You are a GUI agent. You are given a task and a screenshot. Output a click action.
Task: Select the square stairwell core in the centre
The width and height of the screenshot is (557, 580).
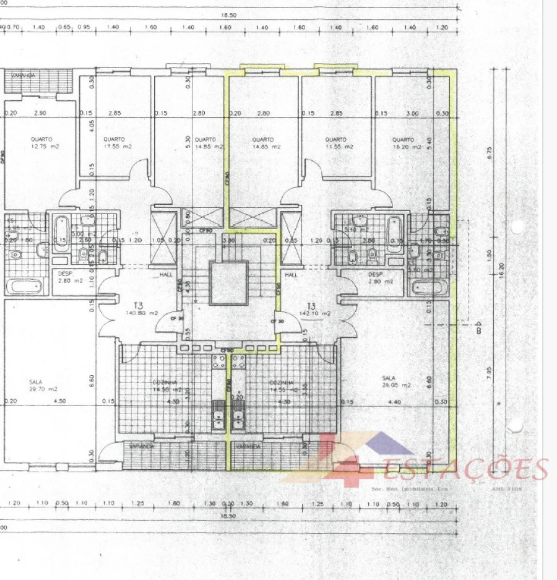228,283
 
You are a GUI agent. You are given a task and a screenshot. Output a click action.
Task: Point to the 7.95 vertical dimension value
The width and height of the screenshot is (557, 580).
489,370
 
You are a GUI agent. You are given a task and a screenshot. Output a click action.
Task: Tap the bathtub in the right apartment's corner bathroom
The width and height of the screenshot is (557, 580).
429,288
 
